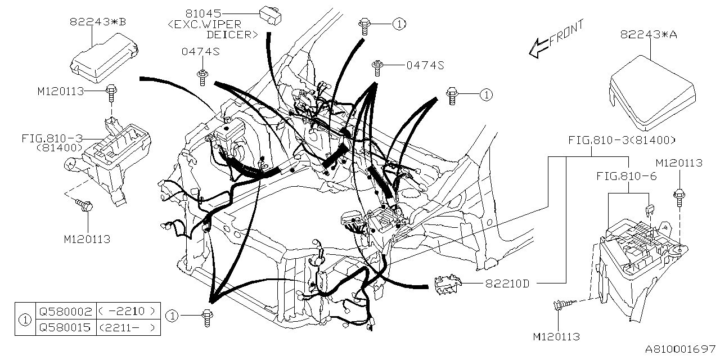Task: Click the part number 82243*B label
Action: tap(98, 22)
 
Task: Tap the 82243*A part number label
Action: tap(648, 34)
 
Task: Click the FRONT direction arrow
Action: tap(556, 39)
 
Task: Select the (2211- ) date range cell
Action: tap(127, 327)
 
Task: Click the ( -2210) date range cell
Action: tap(127, 311)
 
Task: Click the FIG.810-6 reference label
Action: tap(626, 177)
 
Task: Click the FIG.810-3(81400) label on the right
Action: tap(622, 140)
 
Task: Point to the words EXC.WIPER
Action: tap(205, 24)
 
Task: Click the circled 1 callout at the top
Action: tap(398, 24)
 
